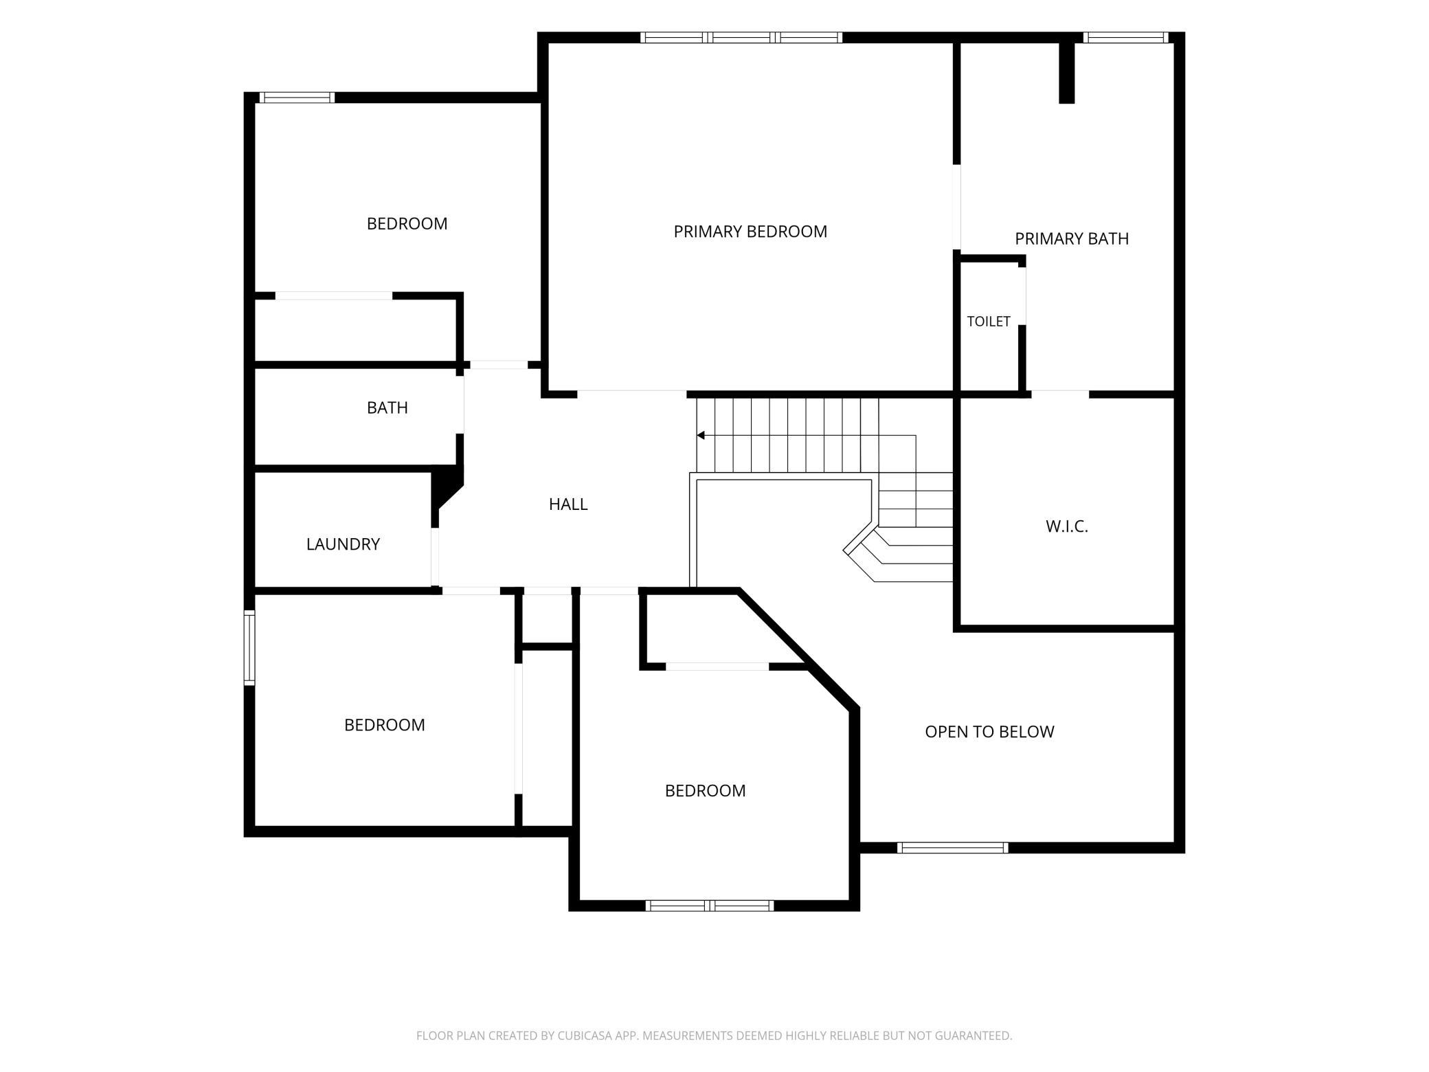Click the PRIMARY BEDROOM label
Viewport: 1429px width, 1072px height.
point(750,232)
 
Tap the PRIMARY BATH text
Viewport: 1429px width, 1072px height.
point(1072,238)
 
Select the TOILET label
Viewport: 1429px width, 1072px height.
point(989,321)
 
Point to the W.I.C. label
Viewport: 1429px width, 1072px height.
point(1067,526)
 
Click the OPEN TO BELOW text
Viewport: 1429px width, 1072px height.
point(989,732)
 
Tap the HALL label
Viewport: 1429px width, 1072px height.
point(568,504)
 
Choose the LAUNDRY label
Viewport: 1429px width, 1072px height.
point(343,544)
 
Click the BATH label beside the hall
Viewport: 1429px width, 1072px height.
point(387,407)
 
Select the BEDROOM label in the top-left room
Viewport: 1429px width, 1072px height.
point(407,223)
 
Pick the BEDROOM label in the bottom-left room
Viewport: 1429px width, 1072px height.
point(385,725)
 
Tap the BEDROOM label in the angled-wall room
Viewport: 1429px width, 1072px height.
point(705,790)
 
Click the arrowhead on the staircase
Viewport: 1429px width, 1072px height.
point(701,435)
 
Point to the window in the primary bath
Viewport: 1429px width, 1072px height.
point(1125,38)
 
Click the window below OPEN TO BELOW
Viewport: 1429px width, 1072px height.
point(953,848)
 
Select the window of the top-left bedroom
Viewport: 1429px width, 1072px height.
point(297,98)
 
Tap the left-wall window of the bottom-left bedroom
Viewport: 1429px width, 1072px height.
point(250,647)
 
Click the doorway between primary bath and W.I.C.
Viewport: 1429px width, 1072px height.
point(1060,394)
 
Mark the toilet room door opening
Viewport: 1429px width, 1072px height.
point(1022,295)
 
